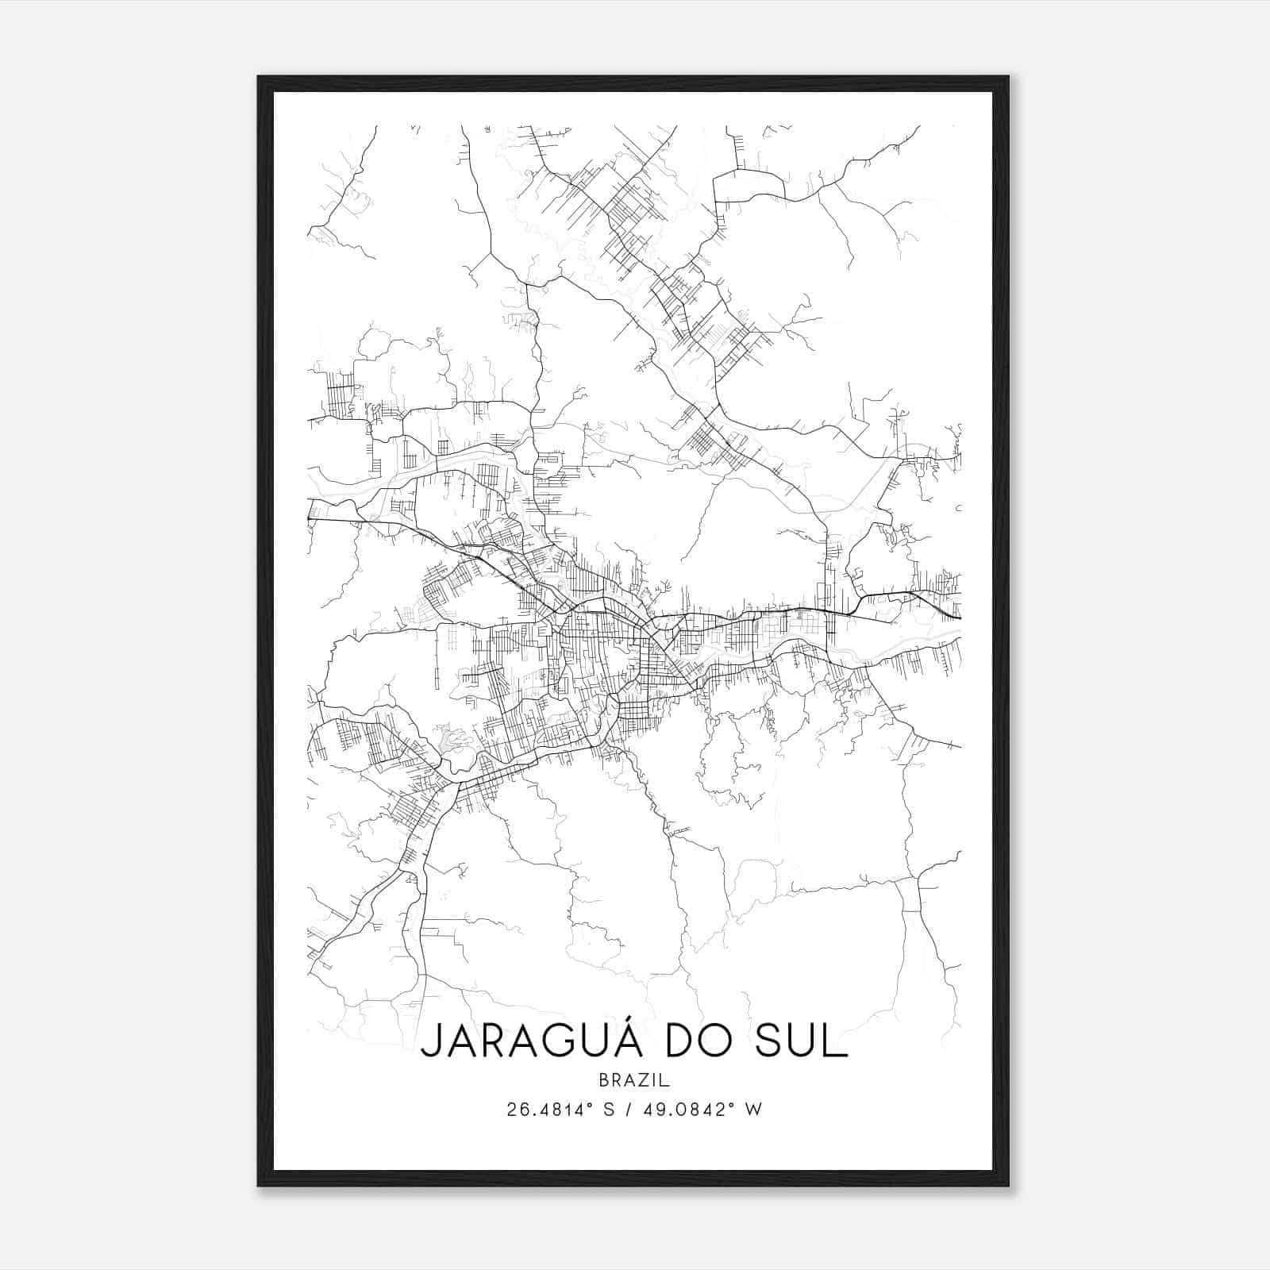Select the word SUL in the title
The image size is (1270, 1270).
[x=802, y=1042]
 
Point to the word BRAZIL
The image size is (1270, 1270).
[x=634, y=1080]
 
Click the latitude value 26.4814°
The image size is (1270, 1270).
[x=548, y=1110]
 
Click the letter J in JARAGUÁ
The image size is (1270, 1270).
[x=432, y=1042]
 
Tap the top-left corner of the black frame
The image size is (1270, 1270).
[x=259, y=77]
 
